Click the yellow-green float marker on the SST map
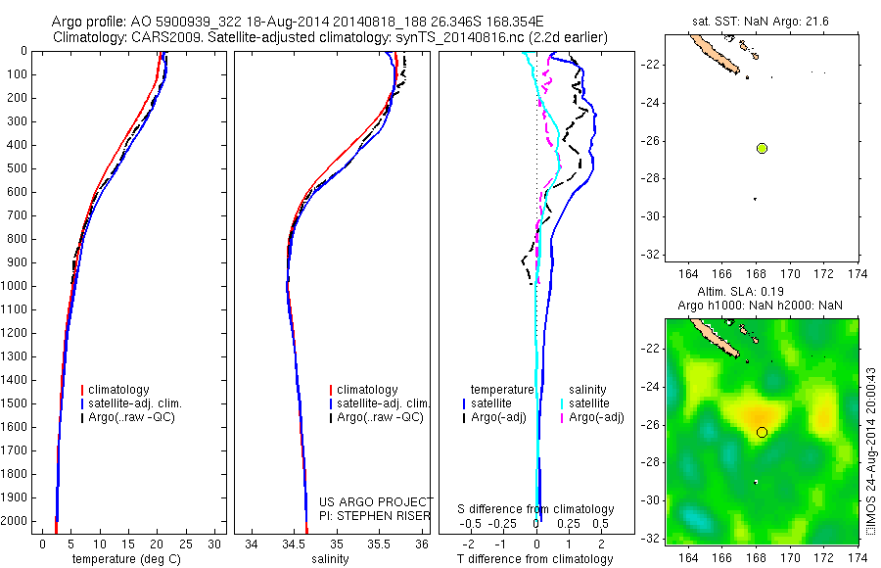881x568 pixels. click(763, 148)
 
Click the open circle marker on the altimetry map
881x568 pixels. click(762, 432)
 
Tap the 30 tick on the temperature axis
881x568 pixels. click(215, 544)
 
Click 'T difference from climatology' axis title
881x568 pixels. click(536, 559)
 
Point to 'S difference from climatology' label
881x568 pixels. click(536, 509)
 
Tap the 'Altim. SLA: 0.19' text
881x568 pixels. click(761, 293)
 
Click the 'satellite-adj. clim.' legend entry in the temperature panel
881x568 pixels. click(135, 403)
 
